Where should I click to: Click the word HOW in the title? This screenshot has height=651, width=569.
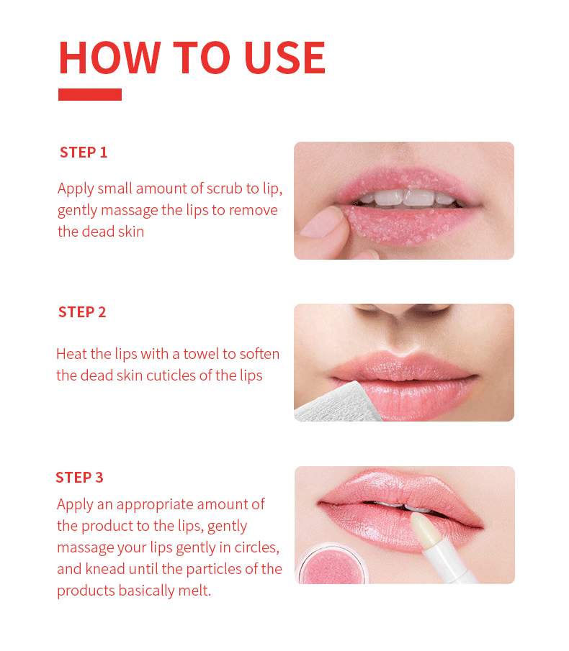[109, 58]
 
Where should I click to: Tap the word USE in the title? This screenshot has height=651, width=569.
[285, 58]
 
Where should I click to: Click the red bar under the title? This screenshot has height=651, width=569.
[90, 94]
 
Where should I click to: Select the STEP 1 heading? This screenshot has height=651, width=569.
[84, 152]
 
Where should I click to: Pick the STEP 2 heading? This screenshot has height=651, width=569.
[82, 311]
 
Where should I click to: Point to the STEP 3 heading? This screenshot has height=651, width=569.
[79, 478]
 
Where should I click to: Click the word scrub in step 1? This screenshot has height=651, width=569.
[225, 188]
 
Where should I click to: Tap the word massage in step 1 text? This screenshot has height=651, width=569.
[129, 211]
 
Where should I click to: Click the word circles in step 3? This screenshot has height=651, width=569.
[256, 547]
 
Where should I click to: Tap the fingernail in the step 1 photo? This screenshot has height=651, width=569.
[323, 222]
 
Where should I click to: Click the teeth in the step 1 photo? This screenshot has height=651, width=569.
[408, 198]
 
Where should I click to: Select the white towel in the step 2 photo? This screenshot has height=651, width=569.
[336, 404]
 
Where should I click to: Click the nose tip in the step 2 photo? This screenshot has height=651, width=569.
[402, 318]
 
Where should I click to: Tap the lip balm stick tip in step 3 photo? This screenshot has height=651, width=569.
[423, 525]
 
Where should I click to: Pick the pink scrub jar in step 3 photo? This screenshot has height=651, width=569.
[332, 564]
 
